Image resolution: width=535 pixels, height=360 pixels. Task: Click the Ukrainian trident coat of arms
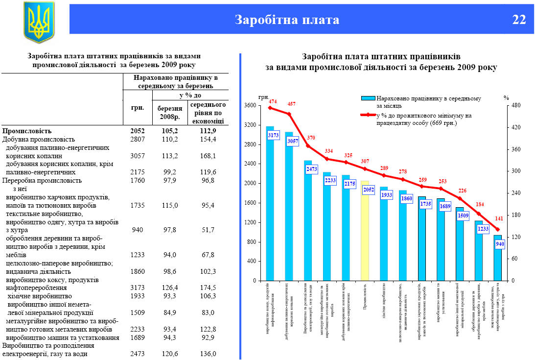pos(39,22)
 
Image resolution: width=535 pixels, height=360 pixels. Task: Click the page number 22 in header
pos(519,20)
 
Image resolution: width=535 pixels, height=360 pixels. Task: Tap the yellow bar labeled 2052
pos(365,230)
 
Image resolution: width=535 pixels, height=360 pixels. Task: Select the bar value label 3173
pos(273,134)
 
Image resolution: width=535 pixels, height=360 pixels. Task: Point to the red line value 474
pos(272,102)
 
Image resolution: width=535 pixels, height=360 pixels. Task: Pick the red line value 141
pos(499,219)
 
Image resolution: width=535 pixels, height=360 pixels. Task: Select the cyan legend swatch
pos(368,98)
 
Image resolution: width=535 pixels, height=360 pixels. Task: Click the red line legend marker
pos(368,116)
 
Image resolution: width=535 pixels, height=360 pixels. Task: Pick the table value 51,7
pos(208,230)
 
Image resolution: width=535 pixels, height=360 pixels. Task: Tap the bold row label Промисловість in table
pos(27,131)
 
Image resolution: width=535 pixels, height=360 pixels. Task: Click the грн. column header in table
pos(138,108)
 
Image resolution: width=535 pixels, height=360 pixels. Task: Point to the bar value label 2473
pos(311,169)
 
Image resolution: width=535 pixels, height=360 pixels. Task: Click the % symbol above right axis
pos(506,97)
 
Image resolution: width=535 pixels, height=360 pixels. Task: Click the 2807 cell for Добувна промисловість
pos(138,140)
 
